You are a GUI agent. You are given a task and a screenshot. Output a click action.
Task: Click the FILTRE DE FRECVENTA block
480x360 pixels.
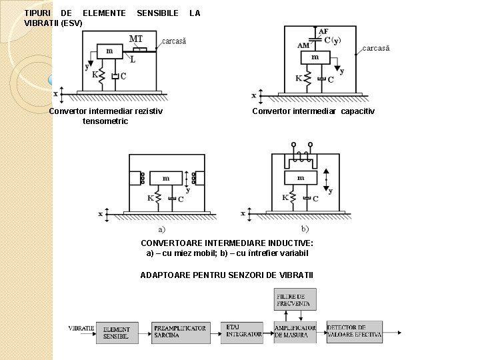tap(295, 299)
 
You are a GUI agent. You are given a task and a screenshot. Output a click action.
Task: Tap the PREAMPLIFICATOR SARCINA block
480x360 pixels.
tap(180, 332)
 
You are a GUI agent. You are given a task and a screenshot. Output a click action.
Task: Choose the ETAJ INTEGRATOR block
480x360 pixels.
tap(244, 331)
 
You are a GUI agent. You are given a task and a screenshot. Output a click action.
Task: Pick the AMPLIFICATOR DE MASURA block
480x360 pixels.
tap(295, 332)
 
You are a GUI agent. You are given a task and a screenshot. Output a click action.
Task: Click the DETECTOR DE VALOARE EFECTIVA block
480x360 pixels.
tap(355, 331)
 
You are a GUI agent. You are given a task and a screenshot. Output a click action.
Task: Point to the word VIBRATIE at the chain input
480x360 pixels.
tap(81, 328)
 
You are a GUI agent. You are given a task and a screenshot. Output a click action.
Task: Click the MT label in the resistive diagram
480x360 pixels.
tap(136, 39)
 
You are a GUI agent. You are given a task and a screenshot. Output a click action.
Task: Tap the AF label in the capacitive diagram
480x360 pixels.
tap(323, 31)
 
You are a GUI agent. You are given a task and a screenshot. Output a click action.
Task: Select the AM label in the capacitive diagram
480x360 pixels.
tap(303, 45)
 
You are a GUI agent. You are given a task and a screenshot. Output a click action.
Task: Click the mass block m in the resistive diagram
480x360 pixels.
tap(109, 51)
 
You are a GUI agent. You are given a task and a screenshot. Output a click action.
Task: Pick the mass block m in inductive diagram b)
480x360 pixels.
tap(301, 178)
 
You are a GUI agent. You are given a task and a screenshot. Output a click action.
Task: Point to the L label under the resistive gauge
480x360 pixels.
tap(133, 59)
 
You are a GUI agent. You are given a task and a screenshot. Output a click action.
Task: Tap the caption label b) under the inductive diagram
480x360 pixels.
tap(305, 229)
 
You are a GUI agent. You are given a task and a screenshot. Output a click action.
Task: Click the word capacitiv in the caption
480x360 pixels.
tap(358, 111)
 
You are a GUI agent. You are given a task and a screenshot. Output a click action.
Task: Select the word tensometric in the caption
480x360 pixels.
tap(105, 121)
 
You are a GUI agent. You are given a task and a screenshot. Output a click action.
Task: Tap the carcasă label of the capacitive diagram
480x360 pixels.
tap(375, 48)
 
